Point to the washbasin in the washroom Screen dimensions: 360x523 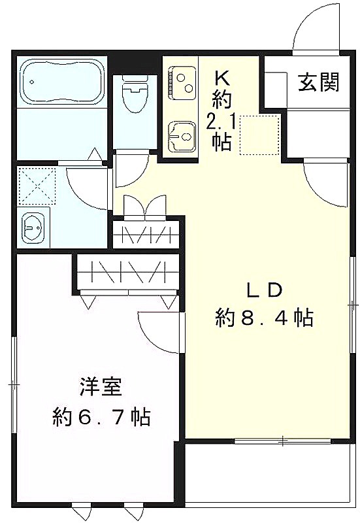pos(33,228)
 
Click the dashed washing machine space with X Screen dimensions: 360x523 pos(37,186)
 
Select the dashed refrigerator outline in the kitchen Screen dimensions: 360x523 pos(259,135)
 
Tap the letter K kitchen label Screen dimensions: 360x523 pos(221,79)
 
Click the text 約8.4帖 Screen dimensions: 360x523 pos(265,318)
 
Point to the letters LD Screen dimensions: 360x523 pos(265,290)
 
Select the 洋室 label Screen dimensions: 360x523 pos(101,386)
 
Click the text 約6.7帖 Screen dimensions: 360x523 pos(101,416)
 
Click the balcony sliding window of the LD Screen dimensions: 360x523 pos(283,440)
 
